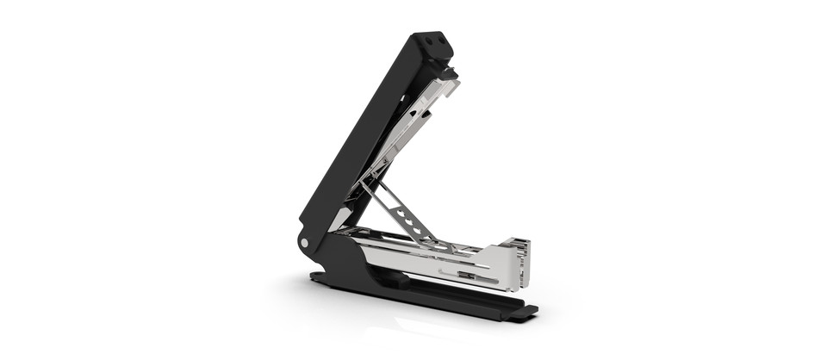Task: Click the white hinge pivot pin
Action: [305, 244]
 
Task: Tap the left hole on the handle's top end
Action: [429, 39]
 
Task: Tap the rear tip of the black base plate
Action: [317, 277]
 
